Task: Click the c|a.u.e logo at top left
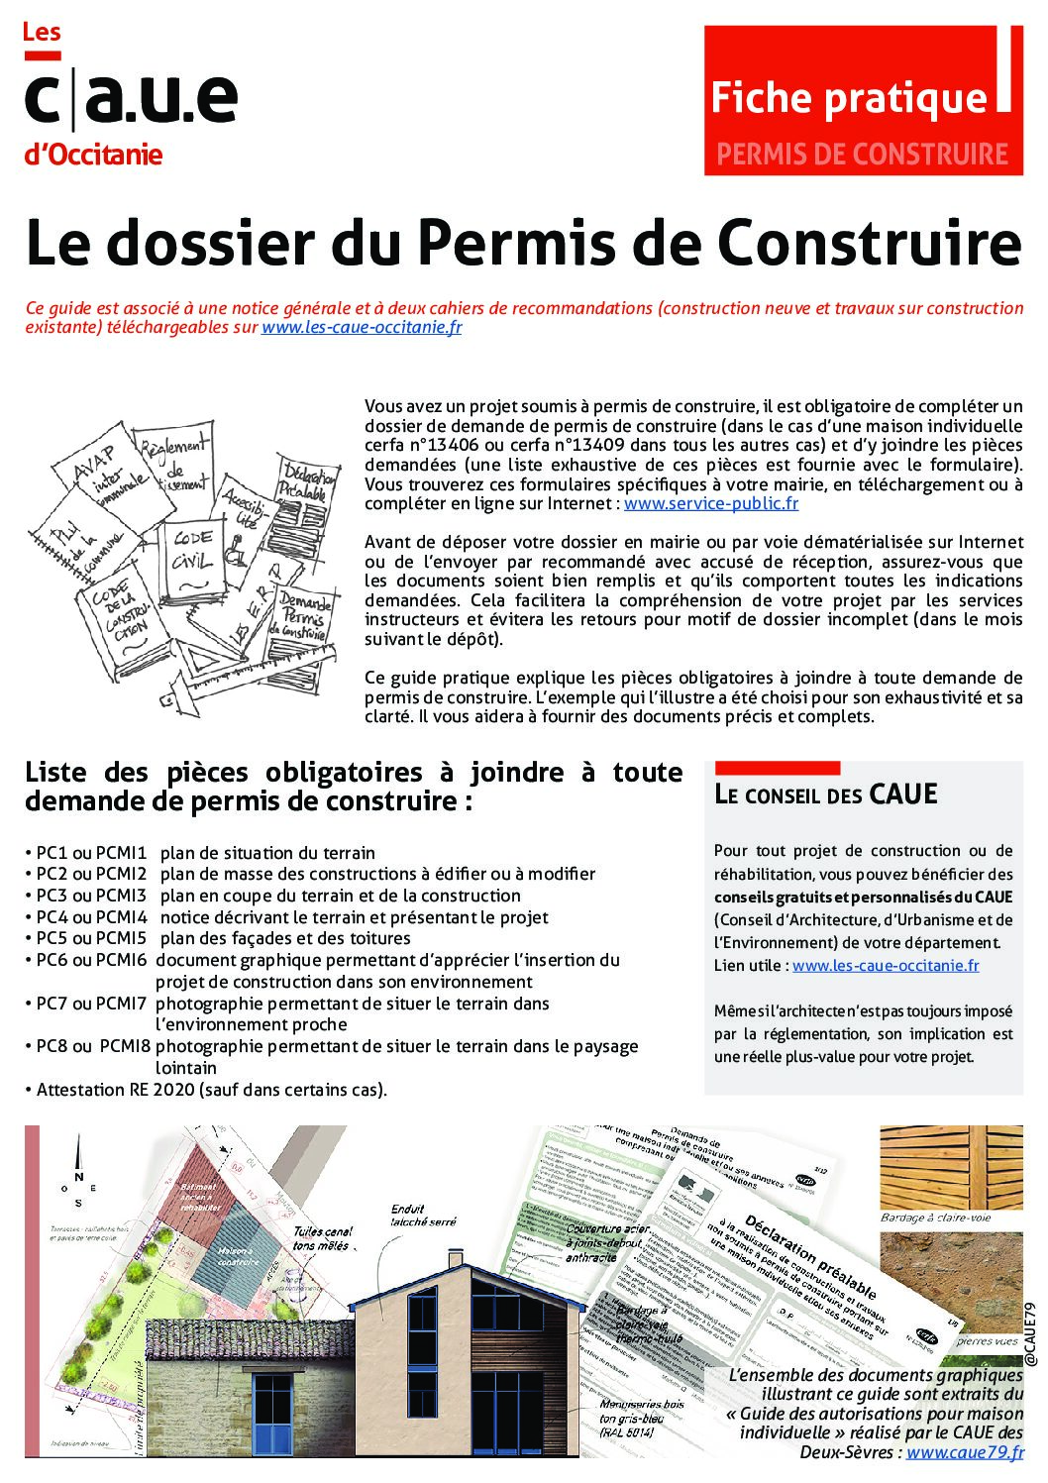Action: click(x=130, y=99)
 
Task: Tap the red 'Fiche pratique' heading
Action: click(x=849, y=98)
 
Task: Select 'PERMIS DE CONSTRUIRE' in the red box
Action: click(x=861, y=155)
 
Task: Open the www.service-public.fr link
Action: click(x=710, y=503)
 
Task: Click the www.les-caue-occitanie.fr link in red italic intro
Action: click(x=362, y=328)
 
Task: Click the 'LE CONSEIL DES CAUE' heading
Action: click(x=825, y=794)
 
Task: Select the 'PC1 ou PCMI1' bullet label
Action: click(x=91, y=853)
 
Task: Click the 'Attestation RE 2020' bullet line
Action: click(x=211, y=1090)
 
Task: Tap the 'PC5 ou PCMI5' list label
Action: click(x=91, y=938)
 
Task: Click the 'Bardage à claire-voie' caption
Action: click(x=936, y=1218)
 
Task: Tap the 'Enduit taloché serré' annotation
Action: click(x=423, y=1216)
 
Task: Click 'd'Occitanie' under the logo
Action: click(x=93, y=156)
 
